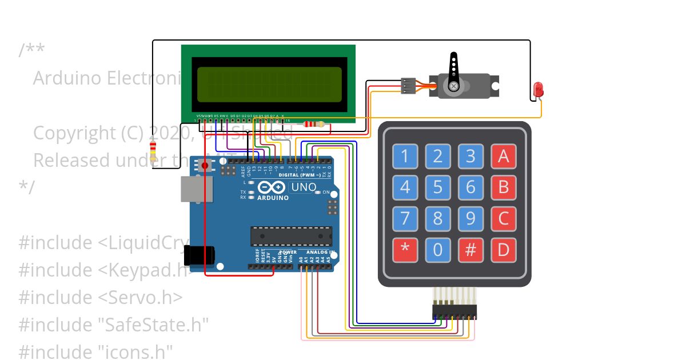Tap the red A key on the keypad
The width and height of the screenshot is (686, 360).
tap(503, 156)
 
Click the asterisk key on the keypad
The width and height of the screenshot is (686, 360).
tap(405, 250)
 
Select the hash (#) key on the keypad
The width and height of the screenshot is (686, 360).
tap(470, 250)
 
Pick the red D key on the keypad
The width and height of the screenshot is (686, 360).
tap(503, 250)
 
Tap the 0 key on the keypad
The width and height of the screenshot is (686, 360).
tap(437, 250)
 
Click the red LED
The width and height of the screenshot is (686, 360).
tap(538, 90)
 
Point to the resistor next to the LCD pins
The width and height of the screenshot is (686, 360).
tap(313, 124)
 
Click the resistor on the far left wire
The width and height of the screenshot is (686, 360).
tap(153, 152)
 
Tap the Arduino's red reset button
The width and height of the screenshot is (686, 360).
tap(204, 166)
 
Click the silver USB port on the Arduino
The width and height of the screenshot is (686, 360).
tap(197, 189)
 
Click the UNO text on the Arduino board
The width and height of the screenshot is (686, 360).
tap(304, 187)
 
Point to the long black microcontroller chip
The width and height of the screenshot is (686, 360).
tap(291, 237)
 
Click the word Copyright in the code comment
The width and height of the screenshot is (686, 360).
tap(74, 133)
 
